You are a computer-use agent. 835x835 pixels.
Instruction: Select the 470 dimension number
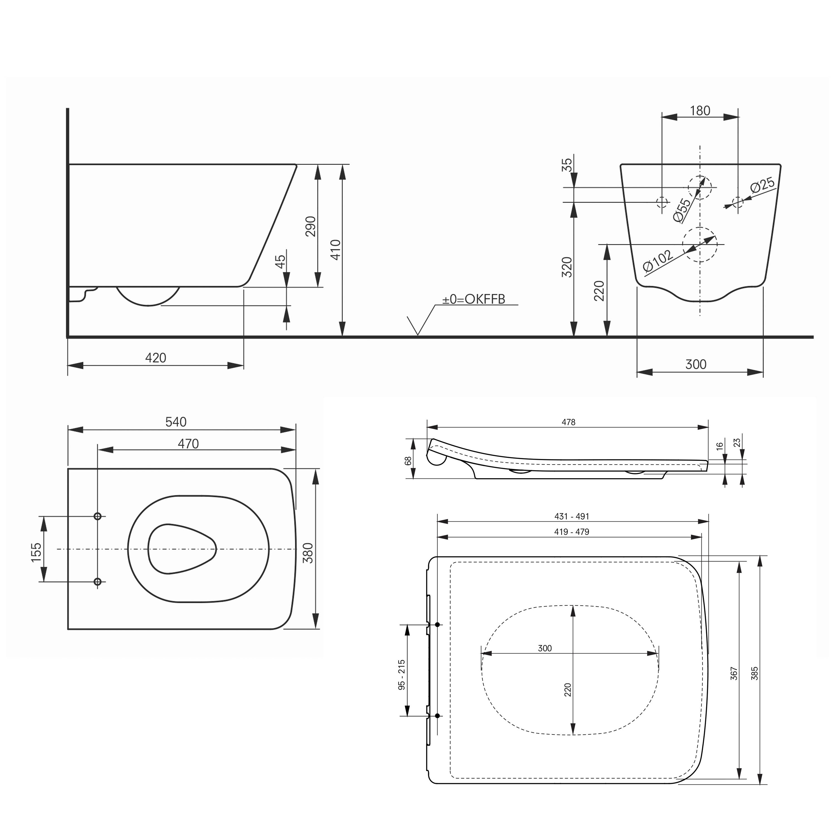(x=188, y=444)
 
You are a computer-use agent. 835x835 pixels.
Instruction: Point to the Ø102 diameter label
(x=658, y=261)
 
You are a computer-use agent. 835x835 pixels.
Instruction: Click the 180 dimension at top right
(x=700, y=111)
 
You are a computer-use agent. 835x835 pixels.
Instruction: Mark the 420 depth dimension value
(x=156, y=358)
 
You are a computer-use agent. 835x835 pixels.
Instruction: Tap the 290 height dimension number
(x=311, y=226)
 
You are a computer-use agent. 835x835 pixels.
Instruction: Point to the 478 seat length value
(x=568, y=422)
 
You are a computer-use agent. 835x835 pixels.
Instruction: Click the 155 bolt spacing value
(x=36, y=552)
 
